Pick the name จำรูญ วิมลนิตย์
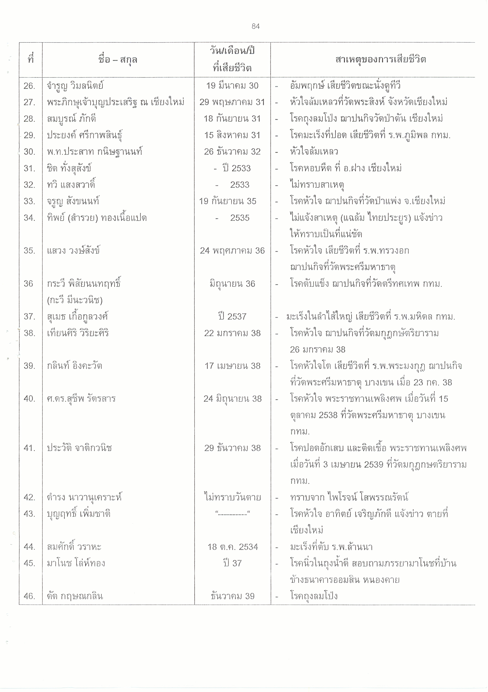tap(75, 86)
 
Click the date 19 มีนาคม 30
tap(232, 86)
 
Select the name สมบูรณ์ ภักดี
tap(72, 119)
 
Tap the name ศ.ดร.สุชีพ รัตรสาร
tap(81, 399)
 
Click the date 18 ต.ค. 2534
tap(232, 547)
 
